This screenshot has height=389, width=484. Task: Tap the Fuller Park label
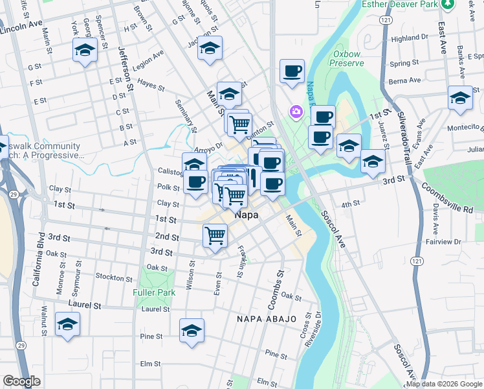[x=154, y=292]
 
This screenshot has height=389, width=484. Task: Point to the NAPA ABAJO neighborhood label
[x=266, y=320]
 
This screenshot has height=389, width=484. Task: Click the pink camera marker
[x=297, y=112]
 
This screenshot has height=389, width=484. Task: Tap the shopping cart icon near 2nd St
[x=215, y=236]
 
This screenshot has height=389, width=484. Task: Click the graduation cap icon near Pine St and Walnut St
[x=67, y=325]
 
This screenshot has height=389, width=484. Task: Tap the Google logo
[x=21, y=381]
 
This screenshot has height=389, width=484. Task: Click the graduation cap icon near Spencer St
[x=85, y=51]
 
